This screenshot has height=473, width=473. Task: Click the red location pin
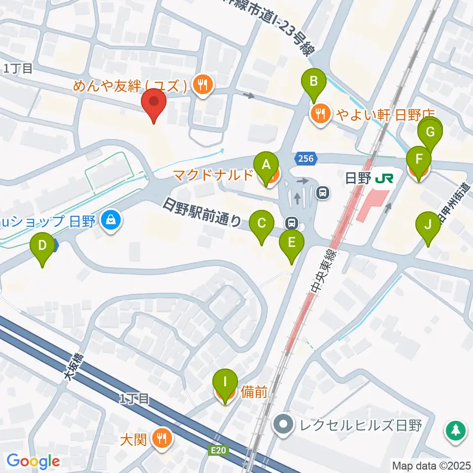click(154, 104)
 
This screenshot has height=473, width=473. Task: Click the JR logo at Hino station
click(383, 178)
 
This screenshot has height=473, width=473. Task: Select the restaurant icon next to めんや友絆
click(202, 85)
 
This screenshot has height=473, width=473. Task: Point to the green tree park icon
click(456, 431)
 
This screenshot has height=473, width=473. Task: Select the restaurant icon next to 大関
click(161, 437)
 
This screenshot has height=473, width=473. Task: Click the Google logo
click(33, 461)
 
